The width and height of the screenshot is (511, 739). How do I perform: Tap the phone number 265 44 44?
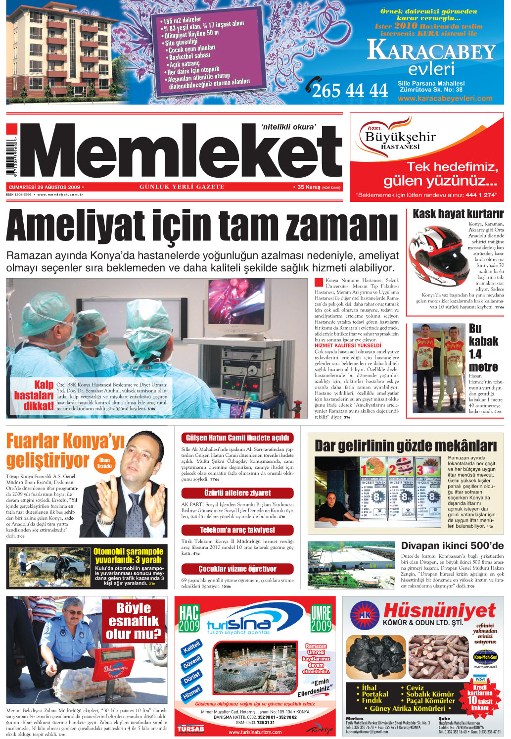coord(350,91)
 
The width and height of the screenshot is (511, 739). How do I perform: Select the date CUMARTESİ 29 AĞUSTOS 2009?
coord(45,188)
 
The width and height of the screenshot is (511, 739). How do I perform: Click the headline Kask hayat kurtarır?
coord(458,214)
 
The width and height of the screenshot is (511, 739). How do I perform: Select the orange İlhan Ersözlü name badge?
coord(104,463)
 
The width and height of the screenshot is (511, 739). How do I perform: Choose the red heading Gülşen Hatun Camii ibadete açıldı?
coord(237,438)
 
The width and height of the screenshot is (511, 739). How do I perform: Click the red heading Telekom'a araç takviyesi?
coord(237,530)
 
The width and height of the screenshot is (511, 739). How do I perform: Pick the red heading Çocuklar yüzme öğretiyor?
coord(237,569)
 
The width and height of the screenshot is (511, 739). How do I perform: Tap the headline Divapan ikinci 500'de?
coord(452,546)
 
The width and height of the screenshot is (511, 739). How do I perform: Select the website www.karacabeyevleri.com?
coord(445,99)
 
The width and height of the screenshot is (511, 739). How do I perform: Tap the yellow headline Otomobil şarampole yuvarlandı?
coord(129,555)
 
